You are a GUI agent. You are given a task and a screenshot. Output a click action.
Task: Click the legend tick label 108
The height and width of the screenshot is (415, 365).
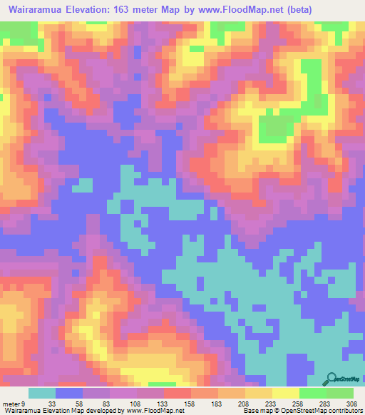tap(132, 403)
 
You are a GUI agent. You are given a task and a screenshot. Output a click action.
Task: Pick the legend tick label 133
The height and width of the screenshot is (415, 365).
tap(160, 403)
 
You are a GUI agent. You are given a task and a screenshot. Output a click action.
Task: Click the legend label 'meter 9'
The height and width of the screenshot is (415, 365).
tap(14, 403)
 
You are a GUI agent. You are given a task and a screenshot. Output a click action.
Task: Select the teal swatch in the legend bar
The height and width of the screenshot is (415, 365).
tap(42, 393)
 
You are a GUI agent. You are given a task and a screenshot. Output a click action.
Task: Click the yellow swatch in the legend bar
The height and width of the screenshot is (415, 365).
tap(285, 393)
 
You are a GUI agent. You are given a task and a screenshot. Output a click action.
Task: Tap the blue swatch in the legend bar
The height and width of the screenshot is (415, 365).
tap(69, 393)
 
